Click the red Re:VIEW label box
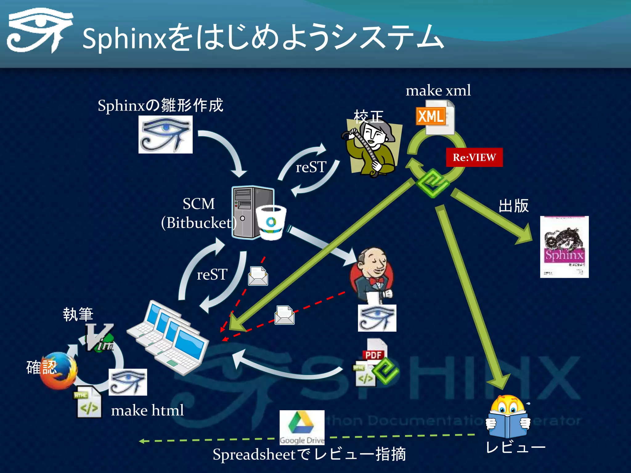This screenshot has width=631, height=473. (474, 157)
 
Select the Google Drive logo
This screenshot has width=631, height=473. (302, 427)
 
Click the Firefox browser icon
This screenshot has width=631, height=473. (59, 371)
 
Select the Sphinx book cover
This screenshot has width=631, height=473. (564, 247)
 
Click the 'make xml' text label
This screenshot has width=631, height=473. (438, 91)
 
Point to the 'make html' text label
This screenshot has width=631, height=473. (147, 410)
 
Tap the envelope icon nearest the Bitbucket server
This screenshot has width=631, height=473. (258, 276)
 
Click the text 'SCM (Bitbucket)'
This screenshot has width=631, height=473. (199, 213)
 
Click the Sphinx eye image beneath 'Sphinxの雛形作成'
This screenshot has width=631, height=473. (165, 135)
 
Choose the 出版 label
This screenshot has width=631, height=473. (513, 206)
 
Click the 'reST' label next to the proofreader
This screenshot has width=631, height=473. (311, 167)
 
